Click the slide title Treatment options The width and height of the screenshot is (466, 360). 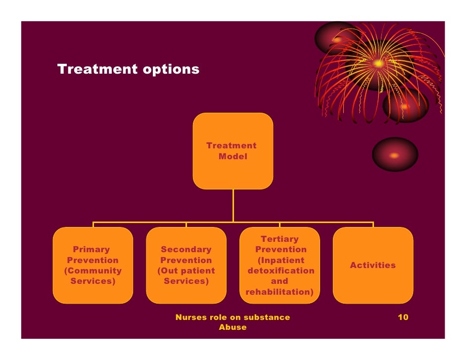click(x=128, y=69)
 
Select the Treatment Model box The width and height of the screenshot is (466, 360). click(x=233, y=151)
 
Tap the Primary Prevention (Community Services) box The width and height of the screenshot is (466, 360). click(x=93, y=265)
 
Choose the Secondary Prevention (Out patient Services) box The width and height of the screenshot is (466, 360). click(x=186, y=265)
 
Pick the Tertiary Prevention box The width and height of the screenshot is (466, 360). click(x=280, y=265)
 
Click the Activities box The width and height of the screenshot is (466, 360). click(x=373, y=265)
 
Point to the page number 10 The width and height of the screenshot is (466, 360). click(x=403, y=317)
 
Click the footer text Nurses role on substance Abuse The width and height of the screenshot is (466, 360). click(x=233, y=322)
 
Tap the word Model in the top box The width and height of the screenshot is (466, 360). click(x=233, y=157)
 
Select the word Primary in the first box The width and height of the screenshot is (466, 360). click(x=92, y=250)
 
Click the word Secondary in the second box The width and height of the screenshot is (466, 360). click(x=186, y=250)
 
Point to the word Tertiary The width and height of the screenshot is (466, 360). click(x=280, y=239)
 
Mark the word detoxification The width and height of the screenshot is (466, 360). click(x=281, y=271)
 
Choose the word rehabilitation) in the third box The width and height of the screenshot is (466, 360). click(x=280, y=292)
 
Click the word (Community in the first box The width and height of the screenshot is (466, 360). click(x=93, y=271)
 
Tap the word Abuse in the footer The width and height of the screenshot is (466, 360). click(x=233, y=327)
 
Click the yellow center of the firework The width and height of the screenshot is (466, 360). click(x=378, y=63)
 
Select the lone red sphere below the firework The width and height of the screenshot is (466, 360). click(x=395, y=155)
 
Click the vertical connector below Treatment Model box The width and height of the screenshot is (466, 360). click(x=233, y=205)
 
